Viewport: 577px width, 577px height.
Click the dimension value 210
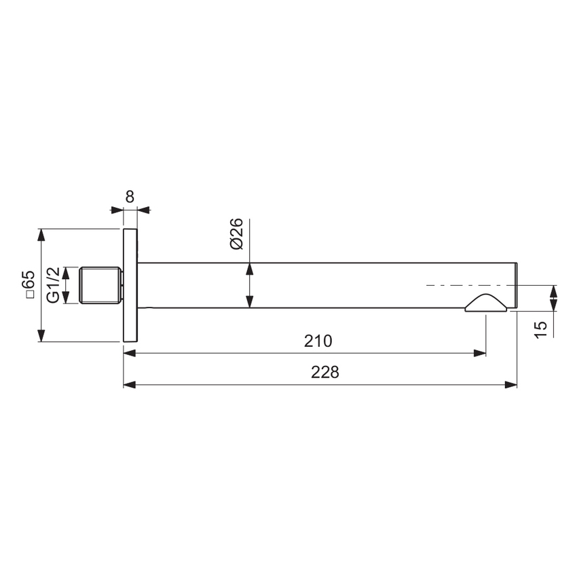318,341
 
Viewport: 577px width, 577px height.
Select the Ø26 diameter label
236,234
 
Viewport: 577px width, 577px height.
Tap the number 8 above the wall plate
130,197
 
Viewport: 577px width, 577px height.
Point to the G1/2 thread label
53,285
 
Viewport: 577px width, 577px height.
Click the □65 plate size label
28,285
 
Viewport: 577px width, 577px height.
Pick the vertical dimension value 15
541,329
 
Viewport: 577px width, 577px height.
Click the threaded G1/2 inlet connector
100,285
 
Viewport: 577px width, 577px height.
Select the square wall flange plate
130,285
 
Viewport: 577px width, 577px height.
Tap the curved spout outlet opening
485,304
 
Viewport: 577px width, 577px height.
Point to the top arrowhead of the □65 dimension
41,235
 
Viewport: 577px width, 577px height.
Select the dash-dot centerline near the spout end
468,286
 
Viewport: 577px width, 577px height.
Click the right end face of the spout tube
517,285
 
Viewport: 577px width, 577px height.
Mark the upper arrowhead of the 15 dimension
554,291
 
